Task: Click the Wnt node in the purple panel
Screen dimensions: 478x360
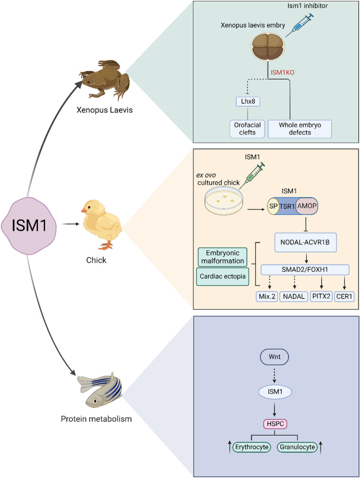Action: (x=274, y=344)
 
